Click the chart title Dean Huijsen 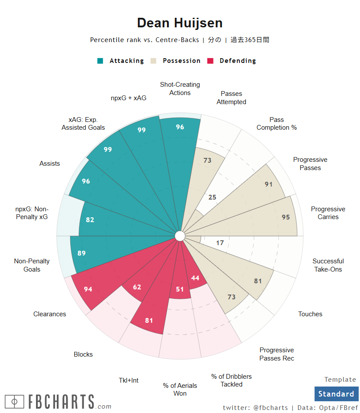coord(180,23)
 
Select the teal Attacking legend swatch coord(100,61)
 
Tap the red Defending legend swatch coord(211,61)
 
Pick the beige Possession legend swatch coord(154,61)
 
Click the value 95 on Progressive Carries coord(285,217)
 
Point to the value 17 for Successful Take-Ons coord(220,243)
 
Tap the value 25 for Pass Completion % coord(212,197)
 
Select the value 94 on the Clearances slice coord(88,289)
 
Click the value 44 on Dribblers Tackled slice coord(195,278)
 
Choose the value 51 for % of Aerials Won coord(180,289)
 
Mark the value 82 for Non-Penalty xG coord(90,220)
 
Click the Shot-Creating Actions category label coord(180,88)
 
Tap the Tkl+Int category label coord(129,380)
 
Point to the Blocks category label coord(83,354)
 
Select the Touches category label coord(310,314)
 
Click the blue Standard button coord(336,394)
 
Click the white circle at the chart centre coord(180,236)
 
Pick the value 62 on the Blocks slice coord(137,287)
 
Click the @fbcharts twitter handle coord(270,408)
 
